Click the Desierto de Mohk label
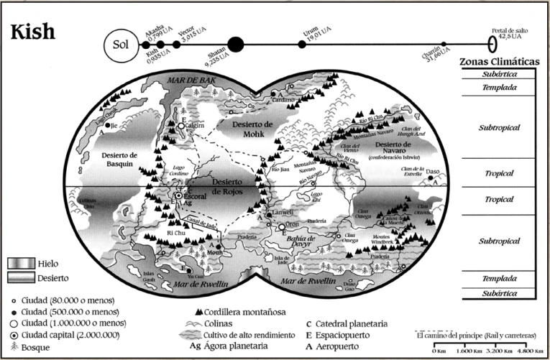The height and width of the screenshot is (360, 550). click(248, 128)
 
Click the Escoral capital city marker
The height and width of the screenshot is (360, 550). click(178, 195)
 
